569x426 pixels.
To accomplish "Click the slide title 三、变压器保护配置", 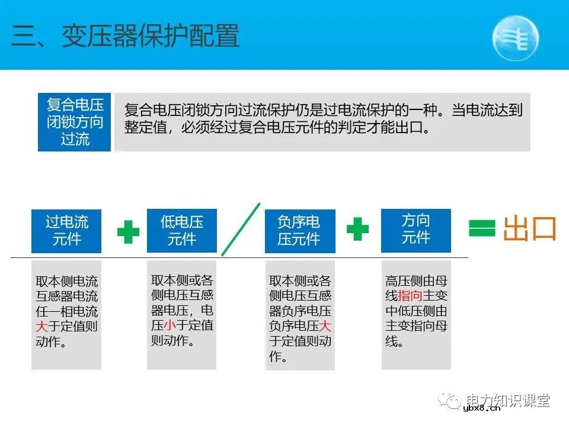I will pos(125,36).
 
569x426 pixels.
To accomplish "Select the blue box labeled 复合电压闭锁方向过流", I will pos(75,122).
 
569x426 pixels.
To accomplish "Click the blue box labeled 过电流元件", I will pos(66,231).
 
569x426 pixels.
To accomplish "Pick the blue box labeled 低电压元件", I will pos(181,230).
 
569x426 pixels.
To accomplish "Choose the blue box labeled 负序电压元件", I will pos(299,231).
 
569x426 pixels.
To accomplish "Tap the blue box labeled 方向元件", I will pos(415,229).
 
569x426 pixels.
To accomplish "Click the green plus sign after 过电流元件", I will pos(128,232).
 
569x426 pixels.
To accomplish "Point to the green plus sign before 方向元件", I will pos(357,228).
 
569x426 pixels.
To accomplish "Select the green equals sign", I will pos(481,229).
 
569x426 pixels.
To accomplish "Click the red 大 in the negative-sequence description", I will pos(325,326).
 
